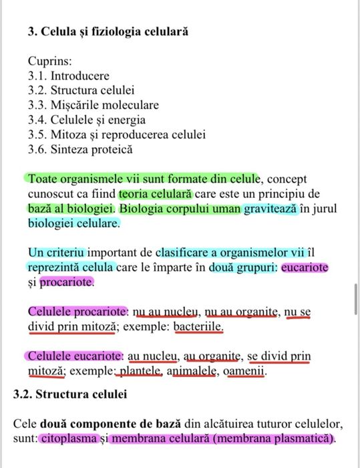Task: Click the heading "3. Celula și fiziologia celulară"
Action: click(x=108, y=31)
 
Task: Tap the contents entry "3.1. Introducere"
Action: click(x=68, y=76)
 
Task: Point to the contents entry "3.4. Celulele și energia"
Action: click(x=86, y=120)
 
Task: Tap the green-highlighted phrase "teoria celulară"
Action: click(x=156, y=194)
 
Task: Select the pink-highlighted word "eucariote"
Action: click(x=305, y=268)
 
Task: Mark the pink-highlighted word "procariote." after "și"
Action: click(x=67, y=283)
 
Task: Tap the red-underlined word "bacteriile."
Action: click(x=198, y=328)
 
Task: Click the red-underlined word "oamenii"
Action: click(x=246, y=371)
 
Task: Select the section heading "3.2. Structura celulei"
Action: click(x=70, y=394)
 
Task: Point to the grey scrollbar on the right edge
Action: click(x=355, y=294)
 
